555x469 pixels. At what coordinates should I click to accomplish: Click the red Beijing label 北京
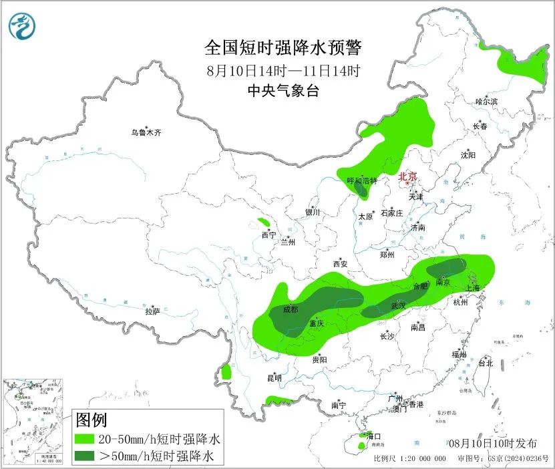coord(407,177)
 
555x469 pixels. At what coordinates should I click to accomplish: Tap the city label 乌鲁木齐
coord(146,133)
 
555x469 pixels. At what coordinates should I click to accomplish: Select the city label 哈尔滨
coord(486,102)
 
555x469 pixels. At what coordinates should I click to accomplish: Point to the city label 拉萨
coord(152,311)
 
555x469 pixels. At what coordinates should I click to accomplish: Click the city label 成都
coord(291,309)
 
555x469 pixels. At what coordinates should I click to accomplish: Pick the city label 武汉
coord(399,305)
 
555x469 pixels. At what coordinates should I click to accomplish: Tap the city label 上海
coord(473,288)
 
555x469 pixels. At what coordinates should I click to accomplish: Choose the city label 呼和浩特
coord(362,181)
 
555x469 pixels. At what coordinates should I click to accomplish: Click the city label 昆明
coord(274,378)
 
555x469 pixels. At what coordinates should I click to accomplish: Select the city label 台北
coord(485,363)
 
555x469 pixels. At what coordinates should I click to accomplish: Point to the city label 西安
coord(340,264)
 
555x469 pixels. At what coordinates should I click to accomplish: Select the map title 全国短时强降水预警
coord(283,47)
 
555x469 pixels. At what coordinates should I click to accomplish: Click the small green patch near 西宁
coord(264,222)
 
